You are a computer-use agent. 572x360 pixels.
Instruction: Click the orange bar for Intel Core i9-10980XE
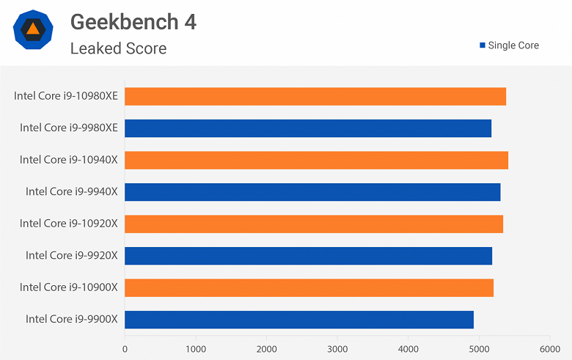coord(315,96)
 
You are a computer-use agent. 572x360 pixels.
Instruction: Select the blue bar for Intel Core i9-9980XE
coord(308,128)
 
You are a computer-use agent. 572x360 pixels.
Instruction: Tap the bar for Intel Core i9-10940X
coord(316,160)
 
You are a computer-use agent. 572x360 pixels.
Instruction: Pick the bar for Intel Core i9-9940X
coord(312,192)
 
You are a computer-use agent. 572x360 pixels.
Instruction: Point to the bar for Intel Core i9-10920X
coord(314,224)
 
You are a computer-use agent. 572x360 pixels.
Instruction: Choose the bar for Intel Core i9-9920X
coord(308,256)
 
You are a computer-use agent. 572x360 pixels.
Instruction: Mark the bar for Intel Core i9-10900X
coord(309,287)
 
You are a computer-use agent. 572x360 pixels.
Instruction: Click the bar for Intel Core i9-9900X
coord(299,320)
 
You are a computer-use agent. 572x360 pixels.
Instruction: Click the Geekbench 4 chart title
coord(133,22)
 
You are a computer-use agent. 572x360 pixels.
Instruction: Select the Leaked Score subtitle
coord(118,48)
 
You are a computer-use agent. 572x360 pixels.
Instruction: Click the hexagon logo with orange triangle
coord(32,29)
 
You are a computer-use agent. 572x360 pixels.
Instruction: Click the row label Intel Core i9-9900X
coord(72,319)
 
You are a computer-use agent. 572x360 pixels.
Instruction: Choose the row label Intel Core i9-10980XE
coord(66,95)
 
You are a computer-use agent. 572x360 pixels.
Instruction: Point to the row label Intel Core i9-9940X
coord(72,191)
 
